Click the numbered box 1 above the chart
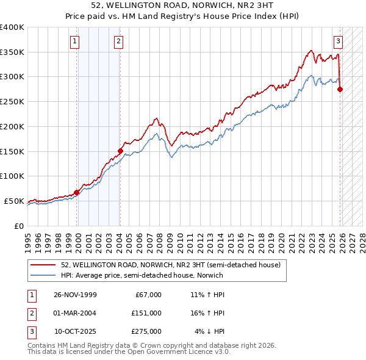[x=74, y=41]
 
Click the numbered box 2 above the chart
[x=118, y=41]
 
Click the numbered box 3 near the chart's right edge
[x=337, y=41]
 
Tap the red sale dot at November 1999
[x=77, y=192]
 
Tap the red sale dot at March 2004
[x=120, y=151]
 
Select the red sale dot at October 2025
[x=340, y=89]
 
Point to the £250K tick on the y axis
[x=12, y=102]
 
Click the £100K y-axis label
[x=12, y=176]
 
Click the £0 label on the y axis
[x=19, y=226]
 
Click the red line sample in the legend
[x=43, y=265]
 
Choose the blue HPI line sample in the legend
[x=43, y=276]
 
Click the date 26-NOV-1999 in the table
[x=75, y=295]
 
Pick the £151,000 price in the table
[x=146, y=313]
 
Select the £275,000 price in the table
[x=146, y=331]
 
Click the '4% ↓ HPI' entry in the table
[x=210, y=331]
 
